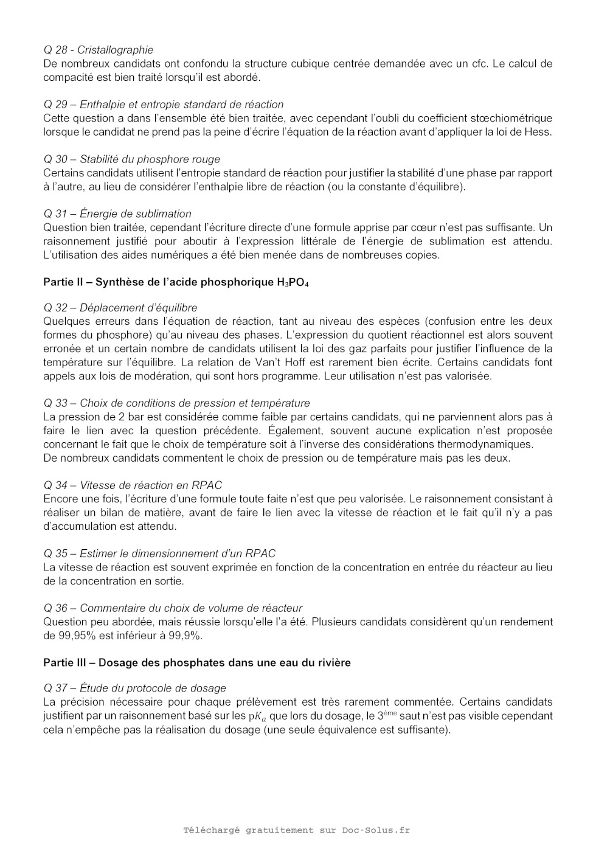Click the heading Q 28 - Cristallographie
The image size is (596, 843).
[x=98, y=50]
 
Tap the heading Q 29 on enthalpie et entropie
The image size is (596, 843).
[x=163, y=105]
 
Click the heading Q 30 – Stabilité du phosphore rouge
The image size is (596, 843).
[x=131, y=159]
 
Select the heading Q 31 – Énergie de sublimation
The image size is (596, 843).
[x=117, y=214]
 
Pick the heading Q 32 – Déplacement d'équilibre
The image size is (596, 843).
[x=120, y=308]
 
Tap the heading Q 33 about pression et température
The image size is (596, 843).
[x=176, y=403]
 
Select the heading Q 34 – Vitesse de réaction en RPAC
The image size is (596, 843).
[x=133, y=485]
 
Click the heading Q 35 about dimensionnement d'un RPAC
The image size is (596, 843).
[x=159, y=553]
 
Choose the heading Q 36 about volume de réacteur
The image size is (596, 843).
[x=173, y=608]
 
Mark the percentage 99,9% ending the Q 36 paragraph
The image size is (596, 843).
[x=185, y=636]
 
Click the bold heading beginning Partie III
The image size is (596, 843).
[x=196, y=662]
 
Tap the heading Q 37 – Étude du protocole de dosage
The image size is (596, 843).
[x=134, y=689]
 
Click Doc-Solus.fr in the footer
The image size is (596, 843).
[x=376, y=830]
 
